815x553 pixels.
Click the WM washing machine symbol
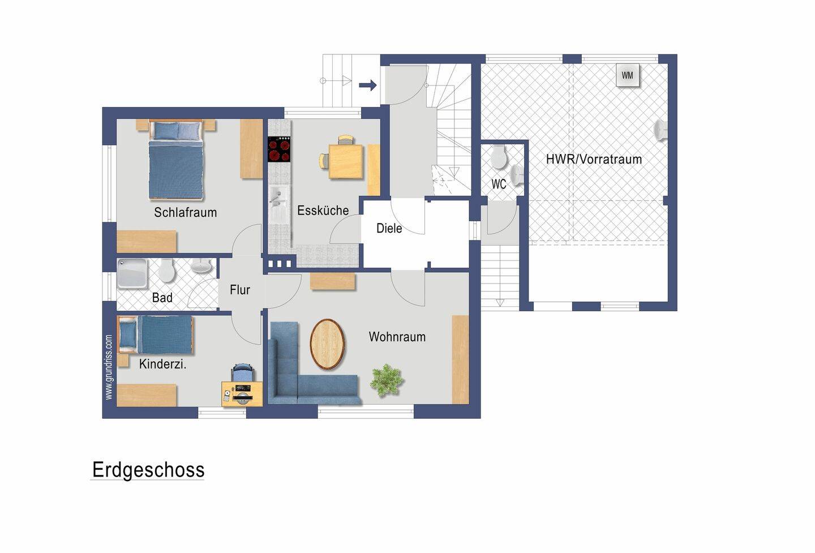(627, 75)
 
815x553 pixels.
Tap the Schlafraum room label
(185, 212)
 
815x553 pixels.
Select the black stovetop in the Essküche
(279, 149)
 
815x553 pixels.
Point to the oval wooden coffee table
(327, 344)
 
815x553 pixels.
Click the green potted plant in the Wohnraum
(387, 380)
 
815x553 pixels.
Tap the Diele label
(389, 229)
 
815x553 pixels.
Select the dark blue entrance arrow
(367, 85)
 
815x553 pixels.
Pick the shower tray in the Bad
(132, 273)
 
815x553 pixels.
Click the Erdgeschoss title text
(148, 470)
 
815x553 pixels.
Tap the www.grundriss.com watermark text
(109, 367)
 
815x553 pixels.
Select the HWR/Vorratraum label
(594, 160)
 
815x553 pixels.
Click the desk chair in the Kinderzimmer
(242, 372)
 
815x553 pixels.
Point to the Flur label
(240, 290)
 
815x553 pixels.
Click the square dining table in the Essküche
(346, 161)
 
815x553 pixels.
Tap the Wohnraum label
(397, 337)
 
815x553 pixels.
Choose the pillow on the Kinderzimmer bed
(127, 335)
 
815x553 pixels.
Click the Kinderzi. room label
(162, 364)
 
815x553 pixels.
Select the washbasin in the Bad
(201, 267)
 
